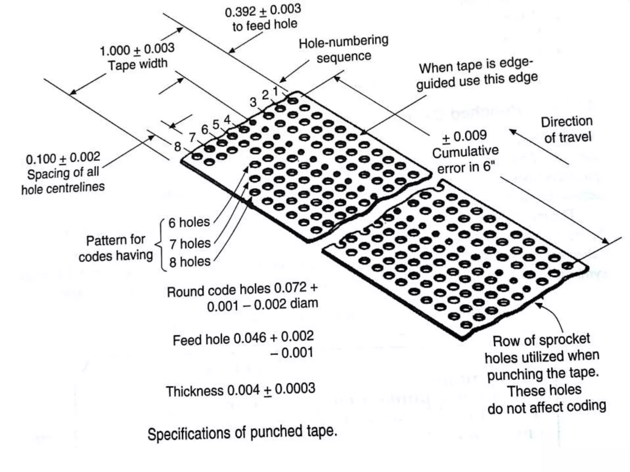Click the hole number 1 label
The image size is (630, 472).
[x=275, y=91]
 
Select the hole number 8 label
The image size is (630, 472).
[x=177, y=147]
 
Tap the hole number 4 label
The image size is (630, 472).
[x=227, y=120]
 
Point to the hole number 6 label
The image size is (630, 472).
[x=205, y=129]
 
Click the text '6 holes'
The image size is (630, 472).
[x=189, y=222]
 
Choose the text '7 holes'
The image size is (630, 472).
[x=190, y=244]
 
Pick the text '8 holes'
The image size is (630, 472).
[x=190, y=262]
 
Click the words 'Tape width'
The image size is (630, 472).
[x=138, y=65]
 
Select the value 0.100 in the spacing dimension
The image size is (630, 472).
[x=41, y=159]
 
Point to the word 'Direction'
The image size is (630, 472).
[x=567, y=122]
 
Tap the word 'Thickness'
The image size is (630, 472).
[x=194, y=391]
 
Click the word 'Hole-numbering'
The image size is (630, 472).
[x=343, y=42]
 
